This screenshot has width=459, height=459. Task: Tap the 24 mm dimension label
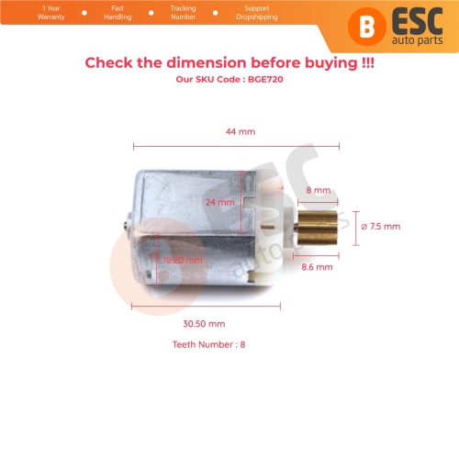coord(220,202)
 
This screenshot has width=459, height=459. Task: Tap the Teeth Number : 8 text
coord(209,345)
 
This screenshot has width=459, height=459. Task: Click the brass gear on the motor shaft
coord(316,227)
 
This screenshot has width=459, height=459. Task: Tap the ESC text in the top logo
coord(419,17)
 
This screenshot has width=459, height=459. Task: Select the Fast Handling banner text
coord(118,13)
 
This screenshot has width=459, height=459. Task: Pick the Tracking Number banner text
coord(183,13)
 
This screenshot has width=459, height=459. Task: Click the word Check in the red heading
coord(110,63)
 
